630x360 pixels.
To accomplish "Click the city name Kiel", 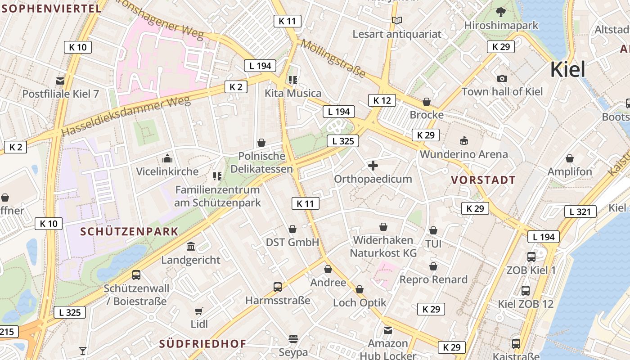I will coord(568,70).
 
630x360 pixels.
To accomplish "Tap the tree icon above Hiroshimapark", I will coord(500,12).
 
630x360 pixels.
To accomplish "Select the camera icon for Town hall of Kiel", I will coord(502,79).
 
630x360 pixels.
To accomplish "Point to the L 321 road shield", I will coord(580,211).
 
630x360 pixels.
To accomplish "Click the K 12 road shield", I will coord(382,100).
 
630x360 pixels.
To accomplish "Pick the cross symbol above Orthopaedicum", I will coord(373,166).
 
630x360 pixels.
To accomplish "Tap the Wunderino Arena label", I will coord(463,154).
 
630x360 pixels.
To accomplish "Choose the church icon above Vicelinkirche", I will coord(167,158).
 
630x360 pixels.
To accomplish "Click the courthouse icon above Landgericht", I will coord(191,247).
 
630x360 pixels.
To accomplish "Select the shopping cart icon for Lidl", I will coord(199,311).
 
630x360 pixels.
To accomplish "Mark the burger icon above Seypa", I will coord(293,338).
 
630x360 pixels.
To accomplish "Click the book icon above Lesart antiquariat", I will coord(396,20).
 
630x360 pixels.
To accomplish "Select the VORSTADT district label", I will coord(483,180).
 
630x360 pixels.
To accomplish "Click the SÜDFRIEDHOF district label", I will coord(202,344).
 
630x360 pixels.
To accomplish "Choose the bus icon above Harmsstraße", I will coord(278,287).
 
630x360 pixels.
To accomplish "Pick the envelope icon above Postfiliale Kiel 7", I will coord(60,81).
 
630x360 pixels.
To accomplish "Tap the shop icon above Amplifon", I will coord(570,158).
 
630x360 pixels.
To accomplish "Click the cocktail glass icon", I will coord(83,351).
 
